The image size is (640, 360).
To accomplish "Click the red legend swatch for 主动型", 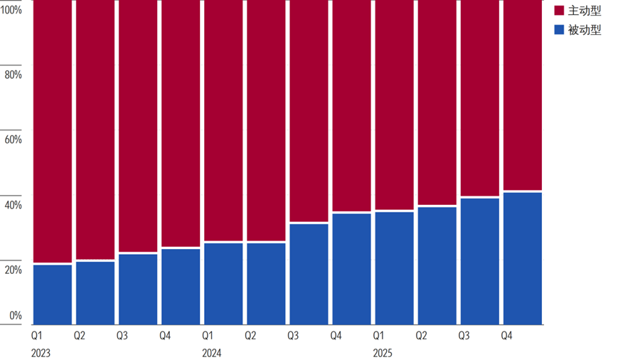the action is pyautogui.click(x=559, y=11).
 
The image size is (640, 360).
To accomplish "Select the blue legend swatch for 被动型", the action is pyautogui.click(x=559, y=30).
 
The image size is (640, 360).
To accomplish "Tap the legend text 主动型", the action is pyautogui.click(x=585, y=11).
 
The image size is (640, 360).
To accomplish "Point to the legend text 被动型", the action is pyautogui.click(x=585, y=30).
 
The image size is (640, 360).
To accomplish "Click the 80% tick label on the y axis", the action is pyautogui.click(x=13, y=74).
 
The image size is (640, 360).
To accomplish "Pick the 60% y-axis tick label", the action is pyautogui.click(x=13, y=139).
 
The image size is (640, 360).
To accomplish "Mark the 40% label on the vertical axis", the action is pyautogui.click(x=13, y=205).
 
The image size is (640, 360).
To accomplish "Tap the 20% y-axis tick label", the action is pyautogui.click(x=13, y=270).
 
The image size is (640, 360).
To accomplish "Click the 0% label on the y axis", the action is pyautogui.click(x=16, y=315).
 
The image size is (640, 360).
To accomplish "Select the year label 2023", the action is pyautogui.click(x=41, y=353).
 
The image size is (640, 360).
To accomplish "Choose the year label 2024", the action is pyautogui.click(x=212, y=353).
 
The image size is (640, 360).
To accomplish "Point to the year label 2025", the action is pyautogui.click(x=383, y=353).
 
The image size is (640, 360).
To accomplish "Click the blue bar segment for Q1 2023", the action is pyautogui.click(x=52, y=295).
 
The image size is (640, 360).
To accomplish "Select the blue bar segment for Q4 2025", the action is pyautogui.click(x=523, y=258).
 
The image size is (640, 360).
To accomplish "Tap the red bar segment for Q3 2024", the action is pyautogui.click(x=309, y=111).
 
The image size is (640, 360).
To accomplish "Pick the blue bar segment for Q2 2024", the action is pyautogui.click(x=266, y=284).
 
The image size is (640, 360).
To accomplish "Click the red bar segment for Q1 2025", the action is pyautogui.click(x=394, y=105).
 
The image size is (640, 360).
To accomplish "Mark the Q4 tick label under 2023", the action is pyautogui.click(x=165, y=336).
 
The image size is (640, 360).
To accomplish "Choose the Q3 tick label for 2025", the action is pyautogui.click(x=464, y=336).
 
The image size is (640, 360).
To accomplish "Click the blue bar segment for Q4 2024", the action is pyautogui.click(x=351, y=269).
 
